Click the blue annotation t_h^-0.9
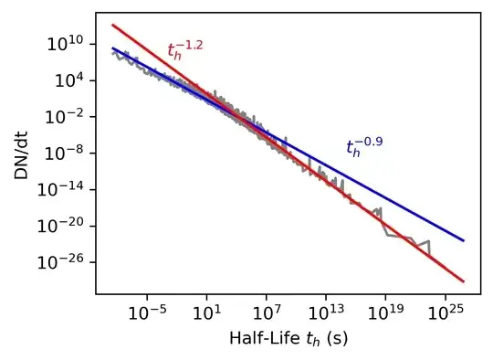(363, 146)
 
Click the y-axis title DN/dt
(21, 153)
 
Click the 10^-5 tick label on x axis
(146, 312)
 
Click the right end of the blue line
(464, 241)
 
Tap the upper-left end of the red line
(112, 25)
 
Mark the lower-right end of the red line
(464, 281)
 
